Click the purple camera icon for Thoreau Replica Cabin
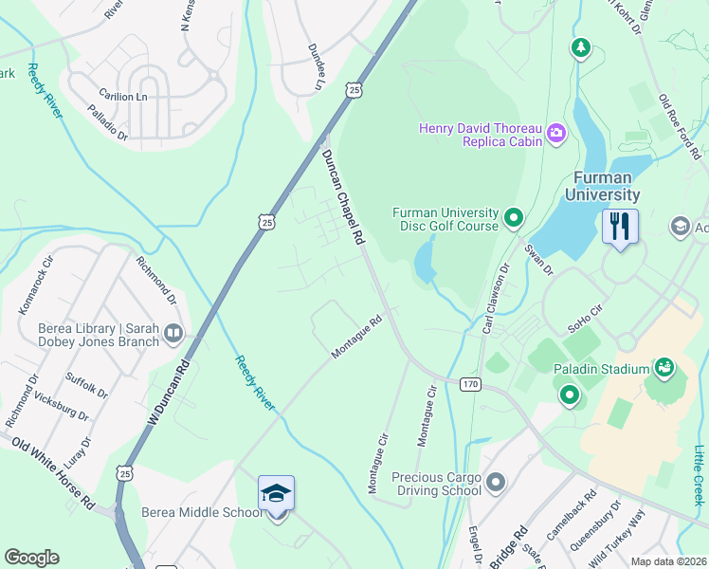pos(556,135)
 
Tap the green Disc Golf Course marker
pos(514,219)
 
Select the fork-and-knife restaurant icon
pos(620,227)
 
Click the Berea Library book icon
pos(173,333)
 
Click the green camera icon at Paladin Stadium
pos(664,367)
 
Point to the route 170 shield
pos(470,384)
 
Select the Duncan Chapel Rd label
pos(343,198)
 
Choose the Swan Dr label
pos(538,258)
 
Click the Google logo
pos(31,558)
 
